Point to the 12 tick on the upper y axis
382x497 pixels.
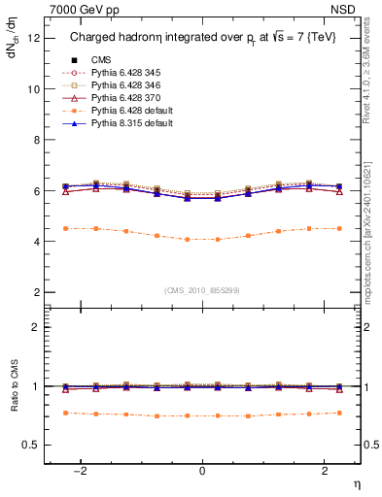[x=35, y=38]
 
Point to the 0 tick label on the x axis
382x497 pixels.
[x=202, y=470]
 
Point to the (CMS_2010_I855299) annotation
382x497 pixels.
[x=202, y=290]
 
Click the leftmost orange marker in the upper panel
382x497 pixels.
[x=65, y=228]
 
